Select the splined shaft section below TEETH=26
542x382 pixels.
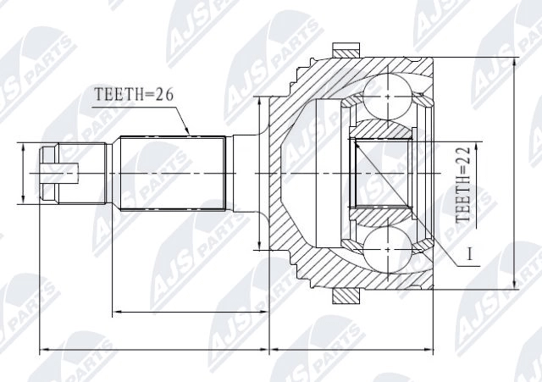pyautogui.click(x=169, y=174)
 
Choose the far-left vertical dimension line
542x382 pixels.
pyautogui.click(x=24, y=174)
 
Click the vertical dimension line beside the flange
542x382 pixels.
pyautogui.click(x=259, y=174)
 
